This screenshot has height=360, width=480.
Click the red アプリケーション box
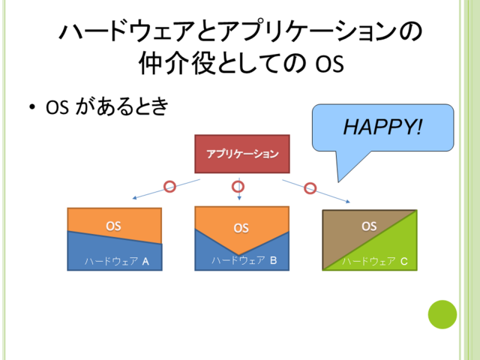[242, 154]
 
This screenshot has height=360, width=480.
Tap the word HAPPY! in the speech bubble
[382, 127]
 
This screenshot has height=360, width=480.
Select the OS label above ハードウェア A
[113, 226]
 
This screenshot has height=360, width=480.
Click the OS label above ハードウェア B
[241, 228]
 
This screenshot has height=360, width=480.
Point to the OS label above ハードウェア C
[369, 226]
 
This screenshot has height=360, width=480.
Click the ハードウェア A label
[117, 262]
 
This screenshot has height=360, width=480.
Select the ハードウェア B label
[244, 260]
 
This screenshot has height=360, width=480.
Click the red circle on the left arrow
[170, 187]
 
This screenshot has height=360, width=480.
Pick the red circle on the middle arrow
[238, 187]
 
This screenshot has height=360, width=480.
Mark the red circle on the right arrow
[310, 188]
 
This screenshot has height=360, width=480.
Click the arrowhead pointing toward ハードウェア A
[133, 198]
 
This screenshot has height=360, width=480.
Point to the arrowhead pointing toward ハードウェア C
[348, 202]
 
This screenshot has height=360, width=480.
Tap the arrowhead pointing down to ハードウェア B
[239, 198]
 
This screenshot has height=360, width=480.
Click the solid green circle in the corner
[442, 315]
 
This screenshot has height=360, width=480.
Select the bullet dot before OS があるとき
[32, 107]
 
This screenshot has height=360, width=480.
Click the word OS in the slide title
[330, 64]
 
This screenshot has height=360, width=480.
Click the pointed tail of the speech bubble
[338, 181]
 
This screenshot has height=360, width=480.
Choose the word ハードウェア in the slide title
[127, 31]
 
